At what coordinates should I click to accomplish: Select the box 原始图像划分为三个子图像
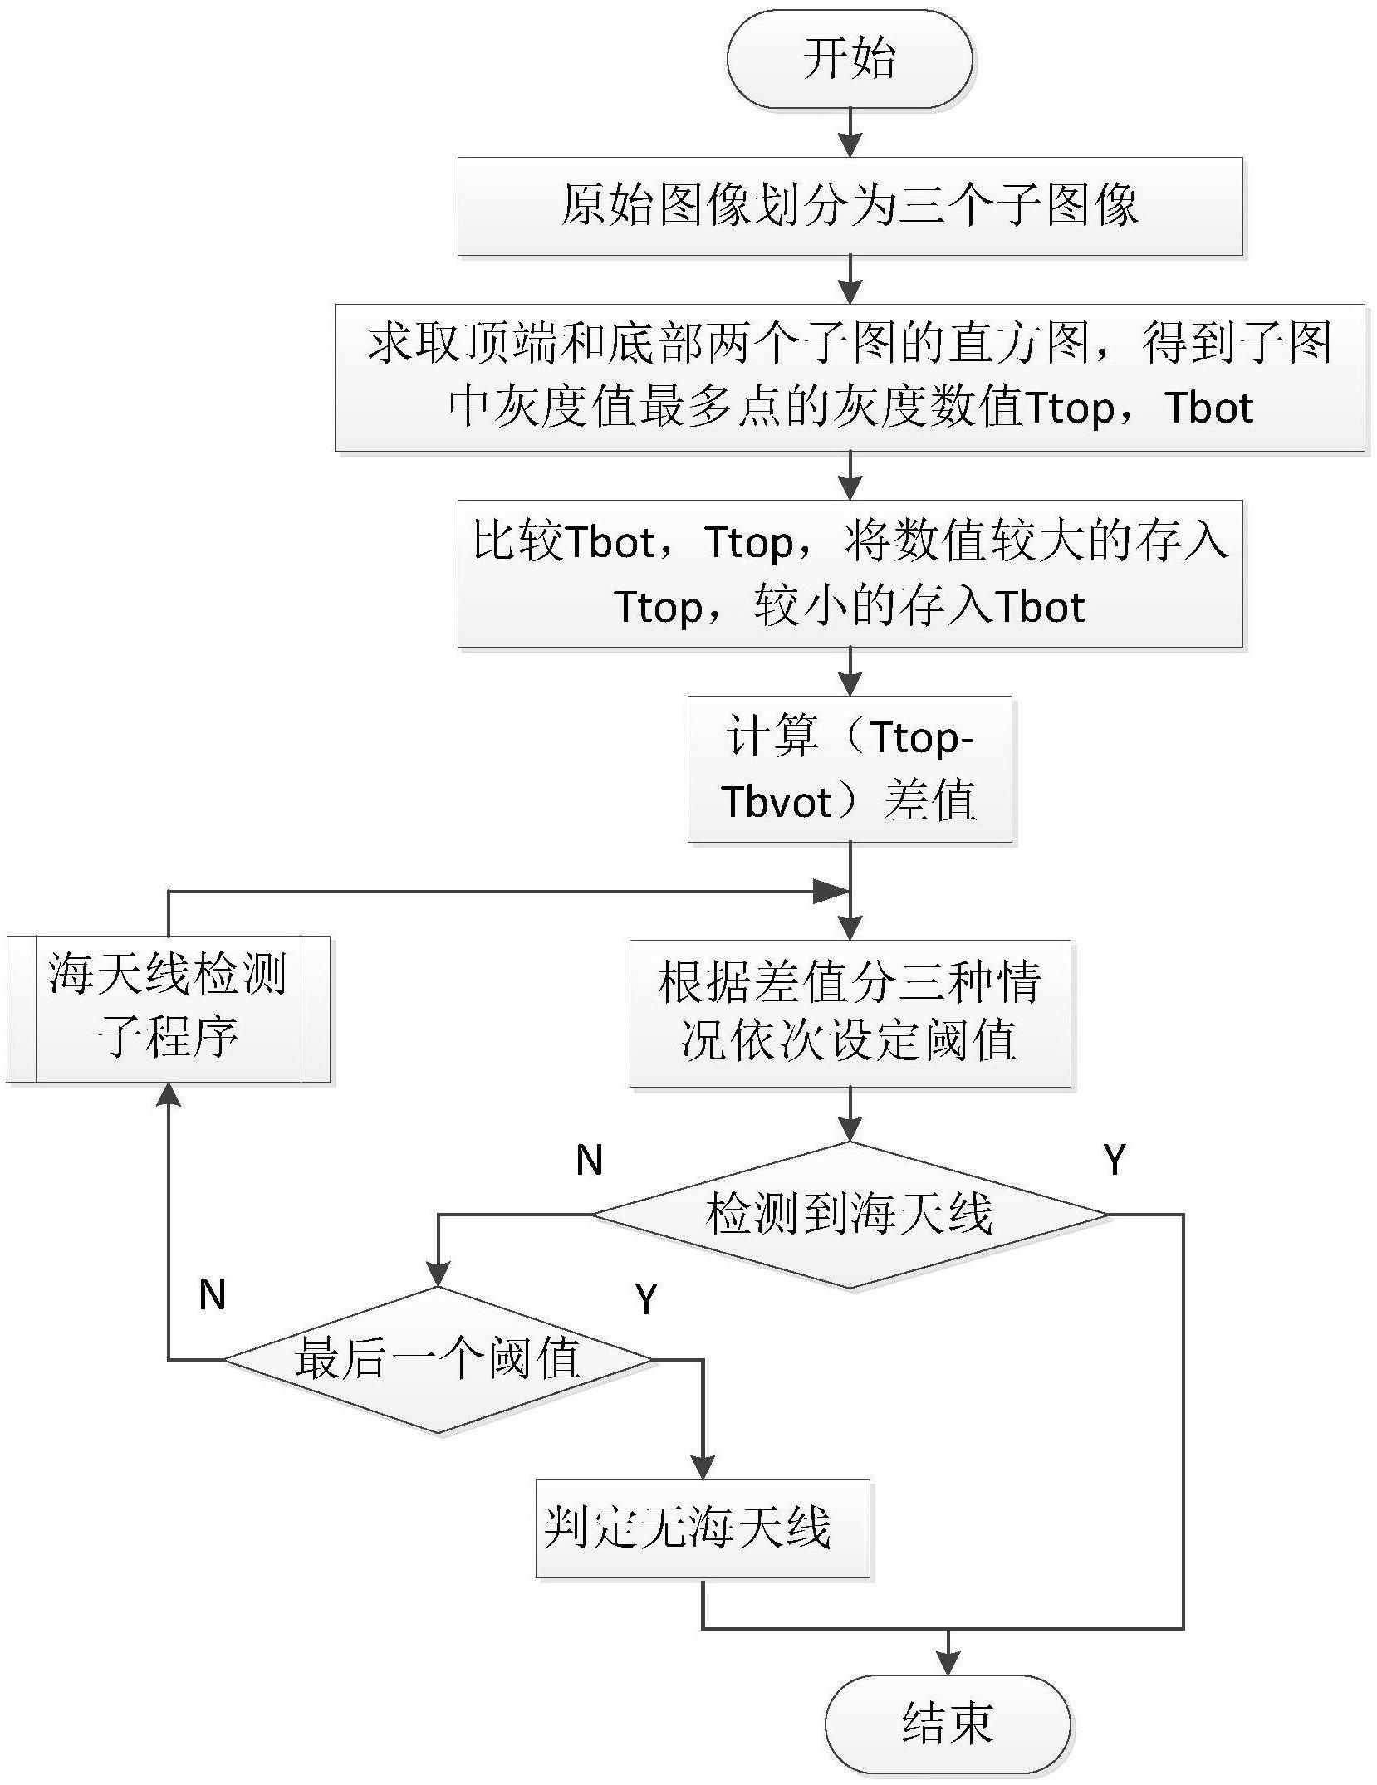(850, 206)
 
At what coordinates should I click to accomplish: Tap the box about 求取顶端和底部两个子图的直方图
(850, 377)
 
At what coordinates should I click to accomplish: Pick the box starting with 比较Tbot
(850, 574)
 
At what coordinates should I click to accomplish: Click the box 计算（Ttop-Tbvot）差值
(850, 769)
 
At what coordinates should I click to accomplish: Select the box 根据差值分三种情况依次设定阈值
(850, 1013)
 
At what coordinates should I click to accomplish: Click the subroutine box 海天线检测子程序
(168, 1009)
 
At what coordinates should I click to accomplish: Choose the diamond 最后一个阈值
(438, 1360)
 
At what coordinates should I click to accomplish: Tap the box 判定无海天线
(702, 1528)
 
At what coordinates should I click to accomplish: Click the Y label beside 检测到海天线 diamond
(1115, 1159)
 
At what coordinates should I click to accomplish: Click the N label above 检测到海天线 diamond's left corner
(589, 1160)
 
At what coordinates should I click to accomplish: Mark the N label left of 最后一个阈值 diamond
(213, 1294)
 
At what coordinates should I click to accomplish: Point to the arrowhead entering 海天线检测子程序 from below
(169, 1095)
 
